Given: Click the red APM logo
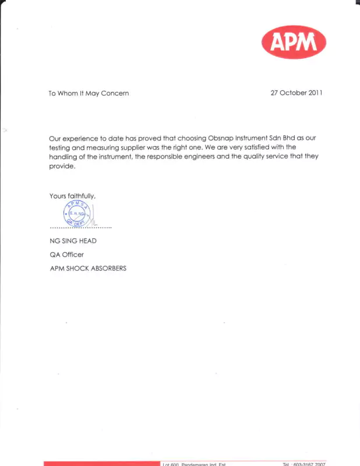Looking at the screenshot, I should click(x=294, y=42).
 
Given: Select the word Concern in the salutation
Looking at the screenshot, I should click(x=115, y=93).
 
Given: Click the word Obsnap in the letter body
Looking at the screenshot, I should click(x=222, y=139).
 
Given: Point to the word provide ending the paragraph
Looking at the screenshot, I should click(x=62, y=167).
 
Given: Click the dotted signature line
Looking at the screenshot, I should click(x=80, y=227).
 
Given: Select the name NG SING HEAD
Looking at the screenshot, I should click(x=73, y=241).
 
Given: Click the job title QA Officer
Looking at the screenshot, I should click(x=67, y=255).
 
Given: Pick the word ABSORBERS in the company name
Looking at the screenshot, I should click(x=108, y=269).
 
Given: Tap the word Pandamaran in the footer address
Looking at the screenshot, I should click(x=200, y=464).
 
